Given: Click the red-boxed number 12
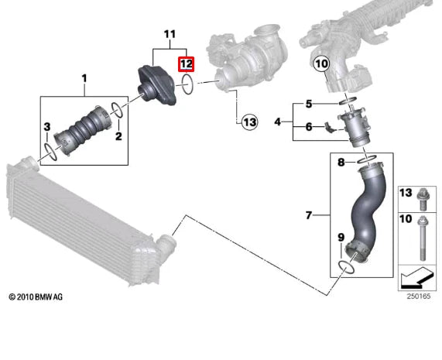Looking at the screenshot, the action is pyautogui.click(x=186, y=64).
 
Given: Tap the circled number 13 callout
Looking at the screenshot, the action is pyautogui.click(x=249, y=122).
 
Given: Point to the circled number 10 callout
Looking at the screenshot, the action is pyautogui.click(x=321, y=64).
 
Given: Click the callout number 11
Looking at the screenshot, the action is pyautogui.click(x=170, y=34).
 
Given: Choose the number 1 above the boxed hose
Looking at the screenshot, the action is pyautogui.click(x=84, y=79).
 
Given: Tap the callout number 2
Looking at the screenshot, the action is pyautogui.click(x=118, y=136).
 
